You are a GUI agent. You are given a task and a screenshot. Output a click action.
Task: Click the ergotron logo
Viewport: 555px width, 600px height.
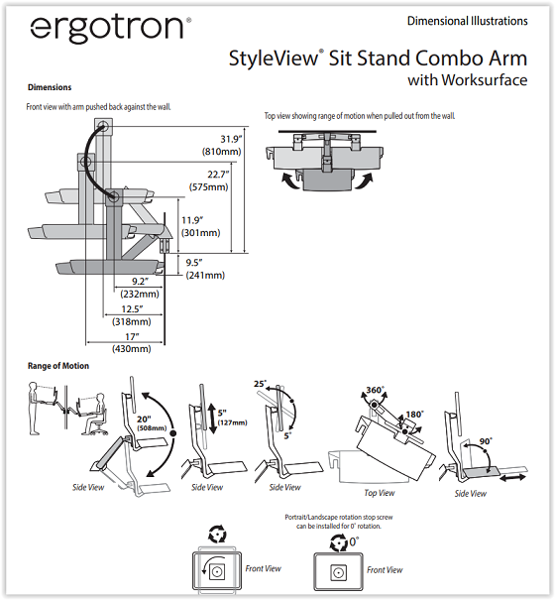click(x=111, y=29)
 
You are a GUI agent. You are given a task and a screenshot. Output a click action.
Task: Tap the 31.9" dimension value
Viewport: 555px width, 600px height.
click(x=232, y=139)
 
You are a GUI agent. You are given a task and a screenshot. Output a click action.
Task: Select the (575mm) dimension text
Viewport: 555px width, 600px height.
click(x=208, y=187)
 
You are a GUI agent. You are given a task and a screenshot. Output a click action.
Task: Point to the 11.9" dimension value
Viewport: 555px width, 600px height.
click(x=192, y=220)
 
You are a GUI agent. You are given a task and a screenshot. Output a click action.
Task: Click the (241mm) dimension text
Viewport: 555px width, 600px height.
click(x=205, y=275)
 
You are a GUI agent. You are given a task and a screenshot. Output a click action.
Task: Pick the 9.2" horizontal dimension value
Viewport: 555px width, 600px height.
click(x=140, y=282)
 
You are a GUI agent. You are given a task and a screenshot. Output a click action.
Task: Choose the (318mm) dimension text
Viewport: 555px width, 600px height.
click(x=132, y=321)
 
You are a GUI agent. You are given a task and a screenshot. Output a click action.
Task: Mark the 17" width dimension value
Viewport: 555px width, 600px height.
click(x=132, y=337)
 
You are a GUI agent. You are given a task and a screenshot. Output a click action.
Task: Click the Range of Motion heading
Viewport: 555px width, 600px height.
click(x=58, y=366)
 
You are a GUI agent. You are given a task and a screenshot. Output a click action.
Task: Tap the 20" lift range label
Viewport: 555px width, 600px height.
click(x=144, y=420)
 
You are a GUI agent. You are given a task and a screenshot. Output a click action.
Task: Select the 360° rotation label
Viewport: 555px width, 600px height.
click(x=375, y=390)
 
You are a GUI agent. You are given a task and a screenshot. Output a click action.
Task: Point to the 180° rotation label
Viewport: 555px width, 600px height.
click(x=414, y=415)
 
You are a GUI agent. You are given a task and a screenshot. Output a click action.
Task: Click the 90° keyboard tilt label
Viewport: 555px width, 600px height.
click(x=486, y=441)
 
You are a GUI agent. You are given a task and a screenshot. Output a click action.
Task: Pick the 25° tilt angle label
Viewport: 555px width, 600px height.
click(x=260, y=384)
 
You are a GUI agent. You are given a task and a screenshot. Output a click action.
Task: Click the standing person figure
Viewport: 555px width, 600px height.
click(x=35, y=408)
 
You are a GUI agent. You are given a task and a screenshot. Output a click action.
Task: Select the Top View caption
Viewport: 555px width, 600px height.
click(x=380, y=493)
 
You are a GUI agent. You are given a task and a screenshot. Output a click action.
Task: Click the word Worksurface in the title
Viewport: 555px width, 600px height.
click(x=485, y=80)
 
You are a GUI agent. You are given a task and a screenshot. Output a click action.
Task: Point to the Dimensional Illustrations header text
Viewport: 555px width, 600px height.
click(x=468, y=21)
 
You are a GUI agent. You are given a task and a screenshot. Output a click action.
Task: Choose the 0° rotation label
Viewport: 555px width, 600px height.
click(x=354, y=541)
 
